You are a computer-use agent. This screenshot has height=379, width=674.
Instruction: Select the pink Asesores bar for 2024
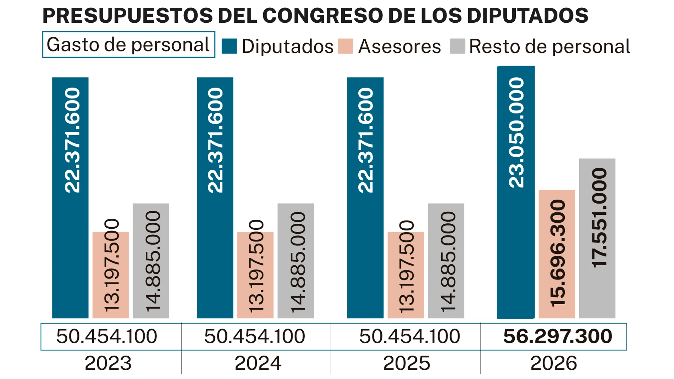(x=255, y=275)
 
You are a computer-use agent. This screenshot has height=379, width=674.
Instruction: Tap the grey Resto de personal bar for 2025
(x=446, y=261)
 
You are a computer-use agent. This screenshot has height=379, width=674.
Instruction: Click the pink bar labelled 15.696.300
(x=557, y=253)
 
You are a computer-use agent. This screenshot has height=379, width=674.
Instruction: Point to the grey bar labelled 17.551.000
(x=597, y=238)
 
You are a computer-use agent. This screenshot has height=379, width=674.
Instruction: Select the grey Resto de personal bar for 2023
(x=151, y=261)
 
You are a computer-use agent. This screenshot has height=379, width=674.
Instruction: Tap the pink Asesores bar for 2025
(x=405, y=275)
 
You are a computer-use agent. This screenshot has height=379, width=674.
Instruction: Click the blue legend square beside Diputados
(x=229, y=46)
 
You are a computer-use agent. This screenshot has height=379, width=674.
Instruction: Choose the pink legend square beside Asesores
(x=345, y=46)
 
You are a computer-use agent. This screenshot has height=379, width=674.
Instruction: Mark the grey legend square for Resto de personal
(x=457, y=46)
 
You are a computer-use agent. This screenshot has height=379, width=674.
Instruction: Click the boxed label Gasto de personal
(x=128, y=45)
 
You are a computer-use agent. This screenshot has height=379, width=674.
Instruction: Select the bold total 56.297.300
(x=557, y=336)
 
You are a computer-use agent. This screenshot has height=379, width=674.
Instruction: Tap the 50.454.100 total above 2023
(x=106, y=336)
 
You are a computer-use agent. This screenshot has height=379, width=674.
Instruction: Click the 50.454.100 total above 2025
(x=409, y=336)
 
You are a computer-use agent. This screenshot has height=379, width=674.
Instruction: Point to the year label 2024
(x=258, y=363)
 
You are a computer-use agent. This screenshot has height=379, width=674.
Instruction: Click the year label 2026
(x=553, y=363)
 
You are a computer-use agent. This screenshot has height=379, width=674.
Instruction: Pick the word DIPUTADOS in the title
(x=527, y=16)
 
